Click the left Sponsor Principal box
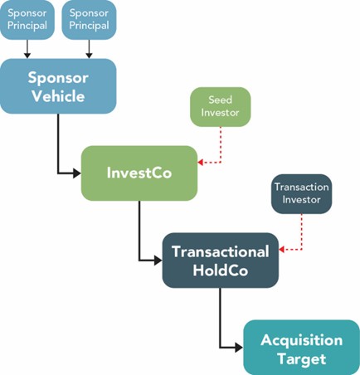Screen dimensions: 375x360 tap(27, 20)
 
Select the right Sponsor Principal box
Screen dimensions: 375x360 tap(89, 20)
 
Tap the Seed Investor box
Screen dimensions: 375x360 tap(219, 107)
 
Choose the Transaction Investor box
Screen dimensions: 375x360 tap(301, 194)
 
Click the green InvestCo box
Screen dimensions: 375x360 tap(139, 173)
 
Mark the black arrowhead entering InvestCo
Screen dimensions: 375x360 tap(75, 173)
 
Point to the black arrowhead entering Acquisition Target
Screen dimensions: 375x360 tap(238, 348)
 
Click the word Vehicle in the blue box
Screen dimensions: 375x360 tap(58, 95)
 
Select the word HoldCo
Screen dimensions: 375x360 tap(220, 269)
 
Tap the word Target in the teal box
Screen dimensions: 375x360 tap(301, 358)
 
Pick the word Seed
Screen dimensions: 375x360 tap(219, 100)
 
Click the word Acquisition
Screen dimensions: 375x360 tap(301, 340)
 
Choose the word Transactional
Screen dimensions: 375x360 tap(220, 251)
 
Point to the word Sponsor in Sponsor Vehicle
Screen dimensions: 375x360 tap(58, 77)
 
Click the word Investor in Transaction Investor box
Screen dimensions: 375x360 tap(301, 201)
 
